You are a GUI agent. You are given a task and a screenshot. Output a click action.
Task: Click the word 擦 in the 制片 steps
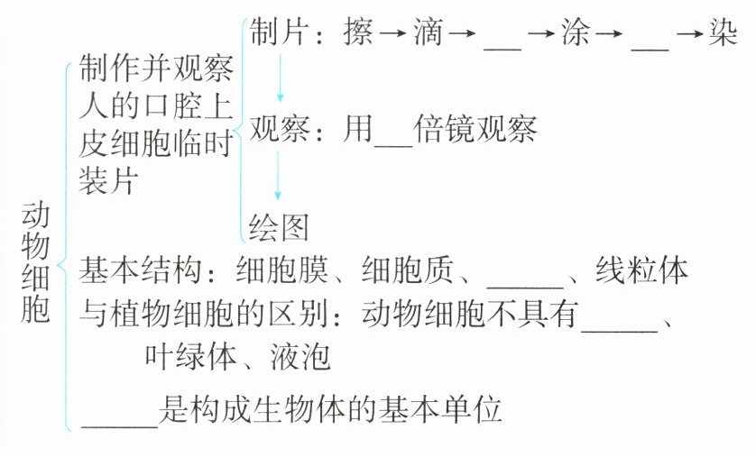tap(359, 35)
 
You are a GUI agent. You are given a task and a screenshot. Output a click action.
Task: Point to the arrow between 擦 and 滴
tap(394, 36)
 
